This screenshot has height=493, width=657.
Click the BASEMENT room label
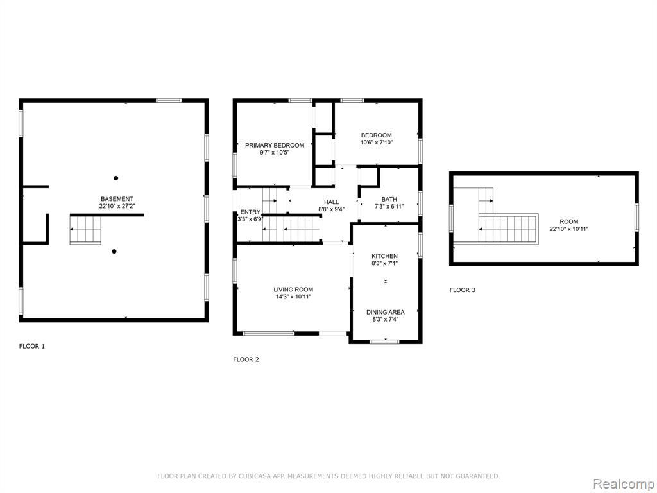click(117, 199)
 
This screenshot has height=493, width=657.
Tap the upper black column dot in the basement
click(115, 178)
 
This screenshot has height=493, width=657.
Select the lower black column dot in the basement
click(114, 252)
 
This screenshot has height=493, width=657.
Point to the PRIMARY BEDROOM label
click(275, 145)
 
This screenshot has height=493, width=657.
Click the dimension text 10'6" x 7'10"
click(376, 142)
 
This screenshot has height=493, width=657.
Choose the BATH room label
click(389, 199)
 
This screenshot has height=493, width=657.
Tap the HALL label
click(331, 202)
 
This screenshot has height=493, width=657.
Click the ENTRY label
click(250, 212)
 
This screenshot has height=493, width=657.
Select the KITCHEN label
click(385, 255)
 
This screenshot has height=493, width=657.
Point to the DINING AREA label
click(386, 312)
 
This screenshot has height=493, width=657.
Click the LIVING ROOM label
click(293, 290)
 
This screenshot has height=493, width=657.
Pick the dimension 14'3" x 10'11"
click(293, 297)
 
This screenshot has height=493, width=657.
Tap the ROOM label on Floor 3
click(569, 221)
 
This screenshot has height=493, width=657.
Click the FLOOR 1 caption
click(32, 346)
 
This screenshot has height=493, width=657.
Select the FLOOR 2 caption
click(246, 359)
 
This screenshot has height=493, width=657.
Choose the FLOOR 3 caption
click(463, 290)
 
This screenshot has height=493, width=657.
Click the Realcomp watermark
click(622, 483)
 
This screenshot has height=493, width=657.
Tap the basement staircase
click(85, 229)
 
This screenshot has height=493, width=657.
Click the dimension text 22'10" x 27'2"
click(117, 206)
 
